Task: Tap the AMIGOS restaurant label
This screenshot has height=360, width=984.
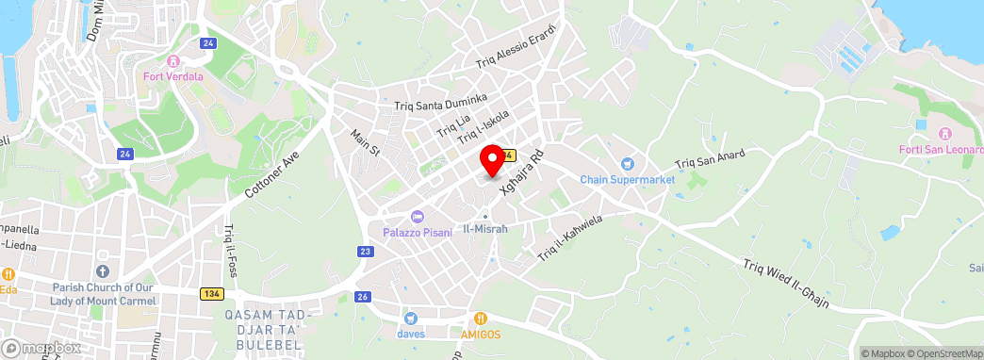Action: coord(481,334)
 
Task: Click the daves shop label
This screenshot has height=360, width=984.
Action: coord(410,333)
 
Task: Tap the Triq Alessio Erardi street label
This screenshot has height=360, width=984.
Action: coord(517,46)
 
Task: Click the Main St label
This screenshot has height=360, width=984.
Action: coord(365,143)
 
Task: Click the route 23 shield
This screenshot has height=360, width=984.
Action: coord(366,251)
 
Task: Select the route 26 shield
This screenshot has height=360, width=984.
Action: coord(362,297)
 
